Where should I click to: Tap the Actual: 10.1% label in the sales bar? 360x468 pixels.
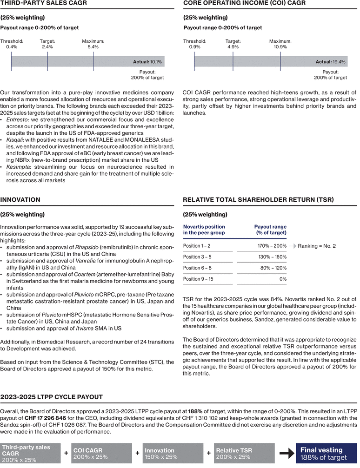(x=147, y=61)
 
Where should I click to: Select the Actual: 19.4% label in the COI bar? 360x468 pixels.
(x=331, y=61)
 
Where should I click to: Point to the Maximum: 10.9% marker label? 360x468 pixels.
(x=280, y=44)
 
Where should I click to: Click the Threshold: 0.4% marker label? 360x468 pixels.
(x=12, y=44)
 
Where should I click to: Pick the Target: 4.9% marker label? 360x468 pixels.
(x=233, y=44)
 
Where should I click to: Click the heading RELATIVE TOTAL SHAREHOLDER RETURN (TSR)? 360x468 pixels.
(x=258, y=200)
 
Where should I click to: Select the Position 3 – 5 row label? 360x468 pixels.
(x=197, y=257)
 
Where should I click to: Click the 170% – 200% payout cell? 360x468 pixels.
(x=273, y=245)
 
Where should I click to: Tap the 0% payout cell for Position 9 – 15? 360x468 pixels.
(x=282, y=279)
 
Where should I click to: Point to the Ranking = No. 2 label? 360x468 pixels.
(x=317, y=246)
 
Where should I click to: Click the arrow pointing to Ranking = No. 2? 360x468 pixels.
(x=292, y=246)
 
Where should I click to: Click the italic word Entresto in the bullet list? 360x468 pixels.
(x=16, y=120)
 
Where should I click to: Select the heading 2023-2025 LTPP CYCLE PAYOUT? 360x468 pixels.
(x=52, y=397)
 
